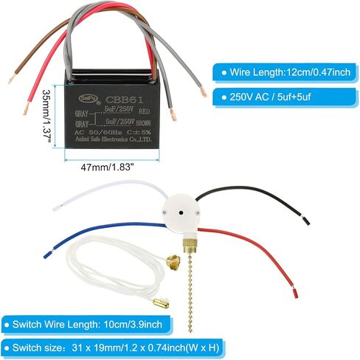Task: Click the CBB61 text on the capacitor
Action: pyautogui.click(x=124, y=100)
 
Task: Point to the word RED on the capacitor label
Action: pyautogui.click(x=145, y=111)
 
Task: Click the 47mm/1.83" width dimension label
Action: pyautogui.click(x=107, y=167)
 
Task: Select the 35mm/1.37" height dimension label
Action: pyautogui.click(x=46, y=116)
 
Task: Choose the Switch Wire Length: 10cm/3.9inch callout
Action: pyautogui.click(x=87, y=325)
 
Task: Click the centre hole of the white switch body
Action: pyautogui.click(x=181, y=212)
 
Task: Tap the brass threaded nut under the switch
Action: pyautogui.click(x=189, y=246)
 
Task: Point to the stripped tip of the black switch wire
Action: pyautogui.click(x=305, y=221)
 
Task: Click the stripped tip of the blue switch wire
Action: pyautogui.click(x=46, y=255)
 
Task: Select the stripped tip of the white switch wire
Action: pyautogui.click(x=57, y=207)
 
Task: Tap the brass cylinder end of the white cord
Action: pyautogui.click(x=161, y=303)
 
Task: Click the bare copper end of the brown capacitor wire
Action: pyautogui.click(x=12, y=79)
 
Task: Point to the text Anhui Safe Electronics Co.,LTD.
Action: pyautogui.click(x=114, y=139)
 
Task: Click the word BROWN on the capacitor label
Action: pyautogui.click(x=143, y=122)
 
